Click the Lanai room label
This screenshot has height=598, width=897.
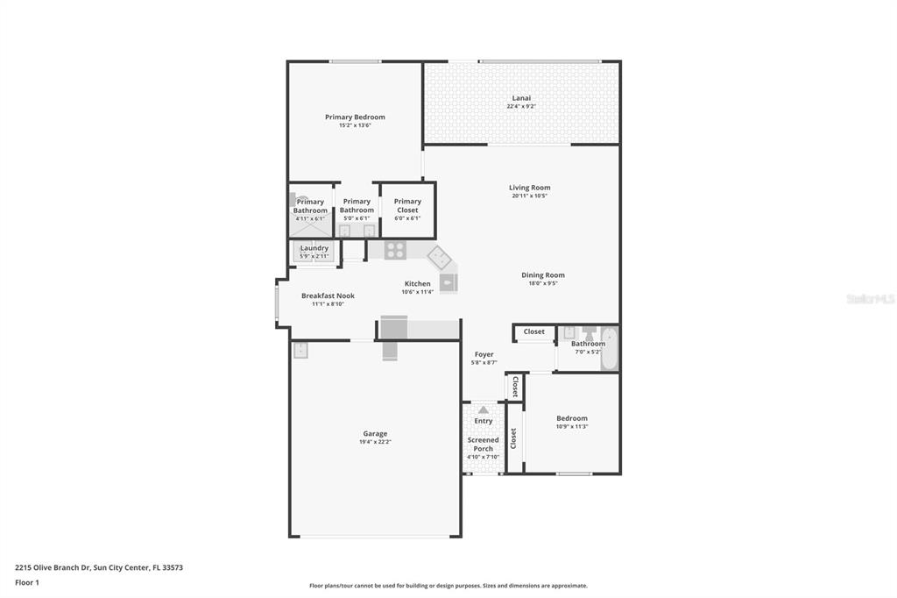[x=521, y=98]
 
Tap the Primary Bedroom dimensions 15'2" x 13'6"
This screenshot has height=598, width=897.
[x=355, y=125]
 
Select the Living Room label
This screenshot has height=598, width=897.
[x=530, y=188]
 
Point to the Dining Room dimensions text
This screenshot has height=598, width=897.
[x=543, y=283]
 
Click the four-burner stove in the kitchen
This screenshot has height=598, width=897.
[x=395, y=250]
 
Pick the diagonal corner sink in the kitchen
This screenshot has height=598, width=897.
[x=439, y=258]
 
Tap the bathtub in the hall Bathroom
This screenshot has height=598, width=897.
[x=609, y=348]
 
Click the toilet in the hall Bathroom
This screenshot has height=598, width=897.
[x=589, y=334]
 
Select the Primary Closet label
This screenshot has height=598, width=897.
[x=407, y=206]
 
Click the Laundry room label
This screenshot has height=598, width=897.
[x=314, y=248]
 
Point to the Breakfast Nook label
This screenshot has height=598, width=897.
[x=328, y=296]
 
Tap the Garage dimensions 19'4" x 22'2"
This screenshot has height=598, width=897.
[x=375, y=442]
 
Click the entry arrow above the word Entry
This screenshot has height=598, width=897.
[x=483, y=409]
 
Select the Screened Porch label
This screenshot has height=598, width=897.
[x=483, y=445]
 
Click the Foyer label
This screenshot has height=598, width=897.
[x=484, y=354]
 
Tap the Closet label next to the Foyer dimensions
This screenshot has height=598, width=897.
[x=515, y=387]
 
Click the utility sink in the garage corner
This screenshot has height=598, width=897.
[x=300, y=350]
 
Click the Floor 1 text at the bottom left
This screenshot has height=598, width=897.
[x=26, y=582]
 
